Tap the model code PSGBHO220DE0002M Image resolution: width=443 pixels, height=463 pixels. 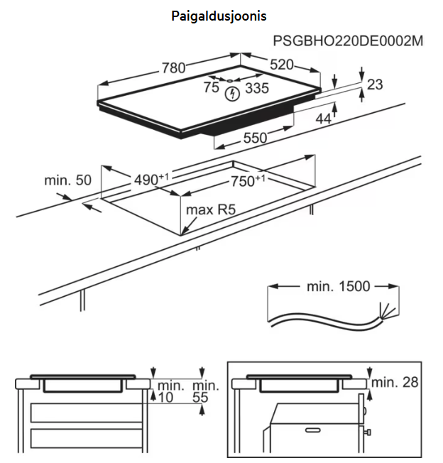(349, 41)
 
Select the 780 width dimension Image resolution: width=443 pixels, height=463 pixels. (173, 68)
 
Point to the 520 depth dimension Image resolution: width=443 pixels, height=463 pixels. (282, 65)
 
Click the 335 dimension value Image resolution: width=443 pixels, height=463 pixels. (256, 88)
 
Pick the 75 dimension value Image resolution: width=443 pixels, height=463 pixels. (211, 87)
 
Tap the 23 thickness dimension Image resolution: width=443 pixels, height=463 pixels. (375, 85)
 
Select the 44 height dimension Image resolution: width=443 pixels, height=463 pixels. (324, 119)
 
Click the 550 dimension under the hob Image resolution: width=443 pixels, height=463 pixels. (256, 138)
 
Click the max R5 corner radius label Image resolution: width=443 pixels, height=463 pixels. (210, 210)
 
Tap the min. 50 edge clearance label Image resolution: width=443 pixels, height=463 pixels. (68, 180)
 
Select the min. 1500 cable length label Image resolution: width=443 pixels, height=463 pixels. (338, 286)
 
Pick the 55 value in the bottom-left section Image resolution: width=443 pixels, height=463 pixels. (202, 398)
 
